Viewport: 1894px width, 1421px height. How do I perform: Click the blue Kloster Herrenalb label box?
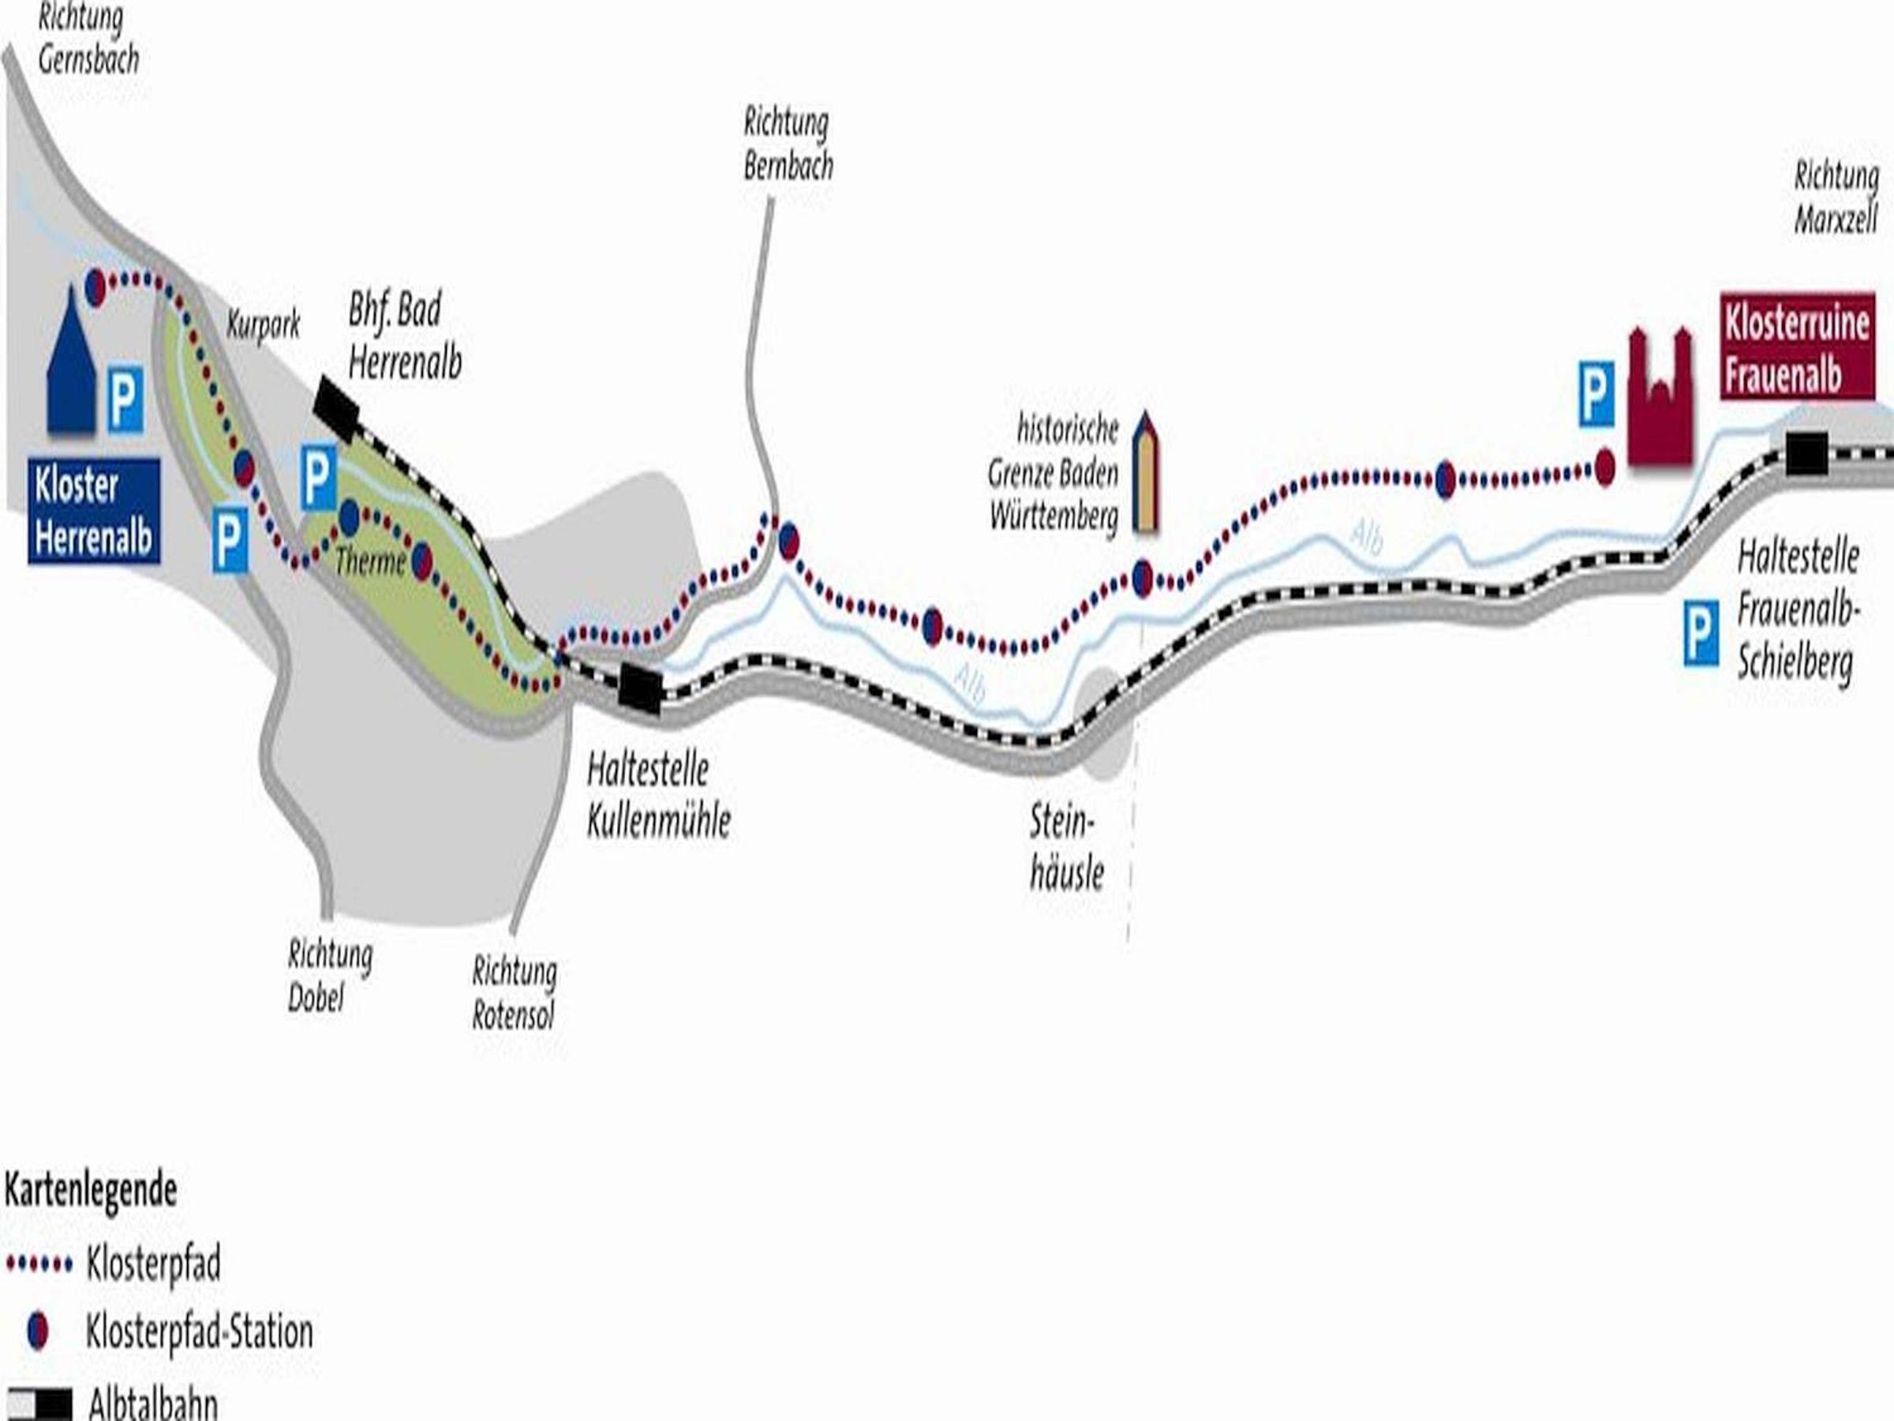pos(94,512)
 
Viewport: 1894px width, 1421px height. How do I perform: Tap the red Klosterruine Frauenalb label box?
pos(1797,346)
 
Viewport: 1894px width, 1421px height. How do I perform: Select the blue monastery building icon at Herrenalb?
pos(71,362)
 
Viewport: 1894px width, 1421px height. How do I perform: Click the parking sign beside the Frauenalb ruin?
pos(1597,394)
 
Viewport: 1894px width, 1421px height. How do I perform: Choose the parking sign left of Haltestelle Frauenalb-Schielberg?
pos(1701,633)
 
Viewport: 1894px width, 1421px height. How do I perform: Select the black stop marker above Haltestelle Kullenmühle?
pos(641,688)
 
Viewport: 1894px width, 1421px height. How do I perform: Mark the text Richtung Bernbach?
pos(788,144)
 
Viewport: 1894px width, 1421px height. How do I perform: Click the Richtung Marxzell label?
pos(1836,199)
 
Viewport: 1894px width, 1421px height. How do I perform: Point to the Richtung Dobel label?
pos(330,976)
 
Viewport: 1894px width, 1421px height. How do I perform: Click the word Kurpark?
pos(264,324)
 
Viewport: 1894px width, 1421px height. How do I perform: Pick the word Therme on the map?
pos(371,561)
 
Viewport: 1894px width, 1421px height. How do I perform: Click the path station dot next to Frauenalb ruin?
pos(1604,468)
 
